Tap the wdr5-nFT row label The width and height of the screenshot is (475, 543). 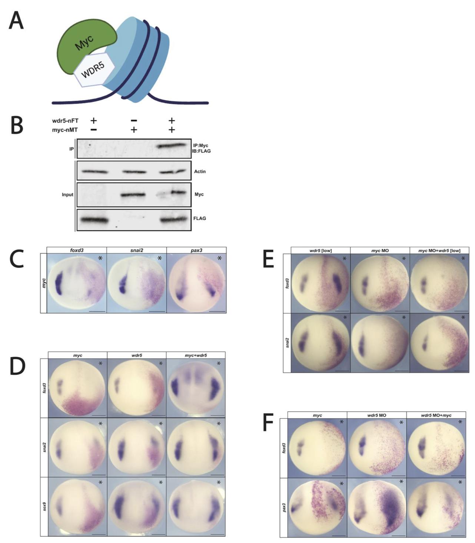pos(65,121)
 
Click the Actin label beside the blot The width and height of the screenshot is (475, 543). pos(200,171)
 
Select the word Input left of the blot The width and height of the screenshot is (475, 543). pos(67,194)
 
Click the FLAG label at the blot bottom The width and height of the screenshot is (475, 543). pos(200,218)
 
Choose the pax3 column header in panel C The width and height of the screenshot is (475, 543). pos(196,250)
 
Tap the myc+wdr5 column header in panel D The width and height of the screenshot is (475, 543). pos(196,355)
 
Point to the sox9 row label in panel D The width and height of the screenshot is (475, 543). pos(44,506)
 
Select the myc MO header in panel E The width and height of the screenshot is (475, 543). pos(380,250)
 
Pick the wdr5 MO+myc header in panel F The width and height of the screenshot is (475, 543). pos(436,415)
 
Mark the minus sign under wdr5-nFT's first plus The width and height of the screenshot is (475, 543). pos(93,129)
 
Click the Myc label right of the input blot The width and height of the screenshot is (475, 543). pos(199,194)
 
